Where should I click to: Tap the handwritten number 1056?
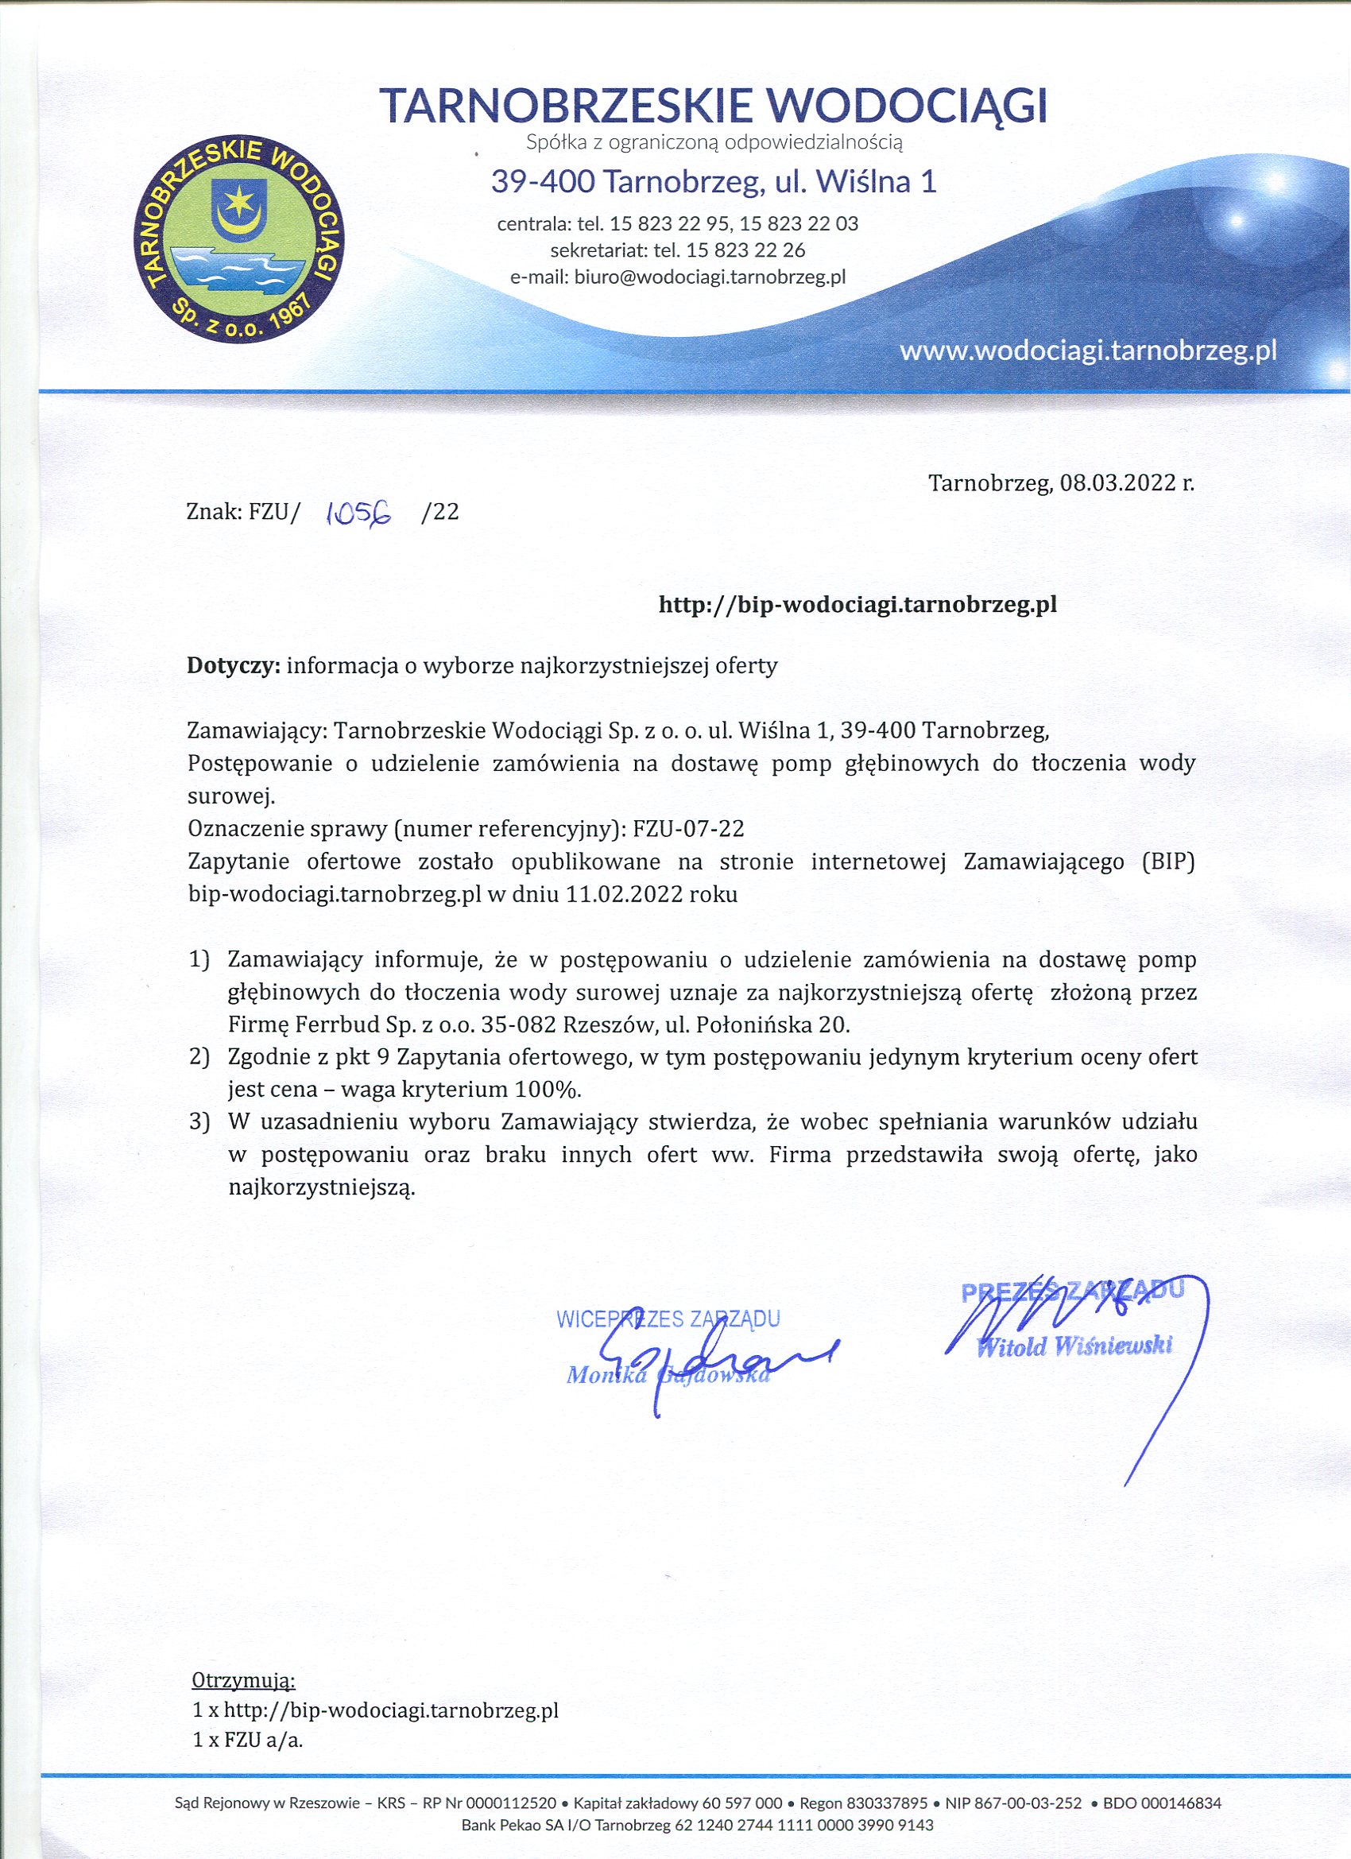click(x=359, y=514)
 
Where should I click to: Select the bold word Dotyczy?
click(x=234, y=665)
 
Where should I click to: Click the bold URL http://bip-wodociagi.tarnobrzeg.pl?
click(x=857, y=605)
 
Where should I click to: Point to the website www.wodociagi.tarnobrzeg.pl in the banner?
click(x=1088, y=352)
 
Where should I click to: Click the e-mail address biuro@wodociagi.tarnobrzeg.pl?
click(x=709, y=277)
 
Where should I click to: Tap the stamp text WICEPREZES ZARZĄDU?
click(x=668, y=1319)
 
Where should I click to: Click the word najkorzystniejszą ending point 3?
click(x=321, y=1188)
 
